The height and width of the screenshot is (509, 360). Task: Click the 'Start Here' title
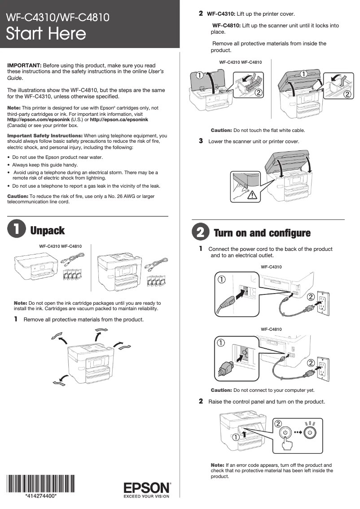[x=46, y=34]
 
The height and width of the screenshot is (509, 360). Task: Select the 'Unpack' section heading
[x=48, y=231]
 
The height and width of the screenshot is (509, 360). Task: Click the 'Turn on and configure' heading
[x=262, y=233]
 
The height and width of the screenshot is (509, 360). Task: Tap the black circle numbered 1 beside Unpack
[x=16, y=229]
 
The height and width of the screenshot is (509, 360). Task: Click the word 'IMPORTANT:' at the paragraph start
[x=24, y=66]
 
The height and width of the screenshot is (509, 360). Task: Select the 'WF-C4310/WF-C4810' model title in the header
[x=57, y=18]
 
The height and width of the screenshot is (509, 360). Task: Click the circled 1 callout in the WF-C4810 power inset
[x=221, y=342]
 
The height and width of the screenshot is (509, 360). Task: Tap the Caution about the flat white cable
[x=258, y=130]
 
